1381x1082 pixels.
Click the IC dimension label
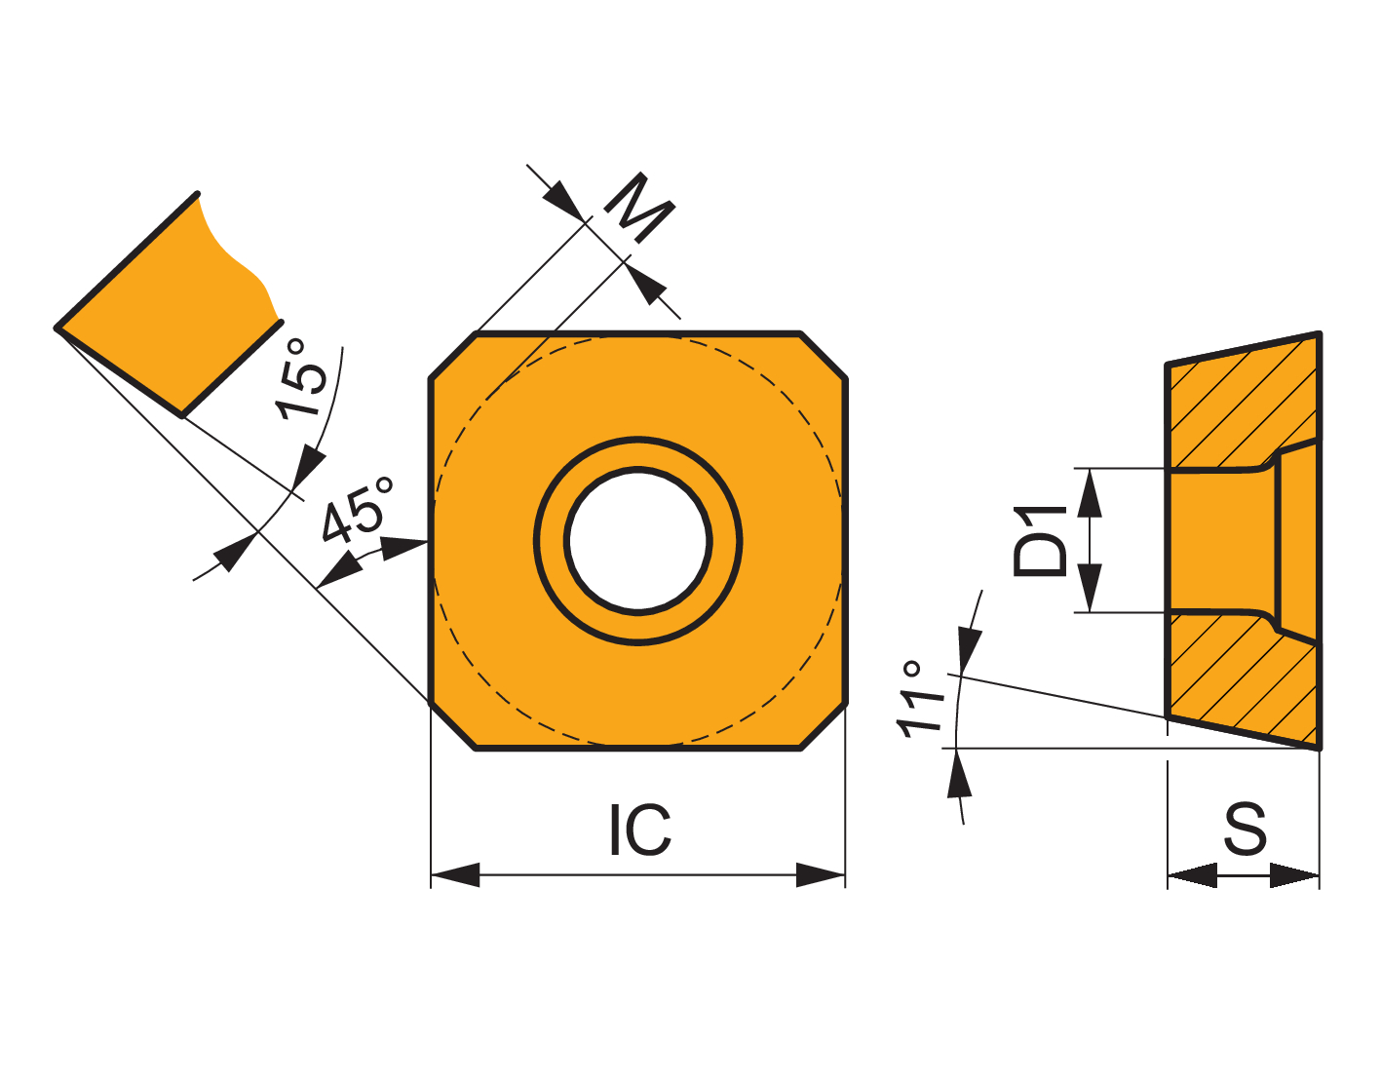point(639,830)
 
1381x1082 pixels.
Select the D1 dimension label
point(1040,541)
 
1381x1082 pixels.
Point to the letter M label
point(639,208)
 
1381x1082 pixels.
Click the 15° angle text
point(302,378)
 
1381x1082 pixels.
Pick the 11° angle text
point(921,700)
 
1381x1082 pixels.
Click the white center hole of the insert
point(638,541)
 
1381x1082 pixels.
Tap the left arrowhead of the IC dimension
point(455,875)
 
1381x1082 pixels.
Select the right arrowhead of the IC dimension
point(821,875)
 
